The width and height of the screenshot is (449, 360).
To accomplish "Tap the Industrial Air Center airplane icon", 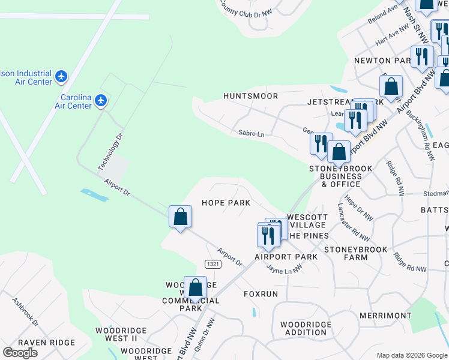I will pos(61,76).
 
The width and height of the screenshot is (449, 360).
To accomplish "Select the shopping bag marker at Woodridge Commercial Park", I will pos(195,288).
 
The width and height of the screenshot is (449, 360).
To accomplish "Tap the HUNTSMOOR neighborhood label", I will pos(250,96).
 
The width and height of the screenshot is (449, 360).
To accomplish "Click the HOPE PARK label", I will pos(226,203).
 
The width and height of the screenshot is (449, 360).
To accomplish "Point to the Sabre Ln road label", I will pos(251,134).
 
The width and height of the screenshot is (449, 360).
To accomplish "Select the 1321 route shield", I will pos(212,264).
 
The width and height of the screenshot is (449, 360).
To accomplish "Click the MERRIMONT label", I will pos(385,315).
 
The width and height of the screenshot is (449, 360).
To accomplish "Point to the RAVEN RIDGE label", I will pos(41,342).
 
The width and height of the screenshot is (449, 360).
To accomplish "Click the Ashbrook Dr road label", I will pos(25,313).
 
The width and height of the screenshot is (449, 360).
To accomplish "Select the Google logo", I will pos(20,353).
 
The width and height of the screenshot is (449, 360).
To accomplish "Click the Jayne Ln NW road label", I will pos(285,271).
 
